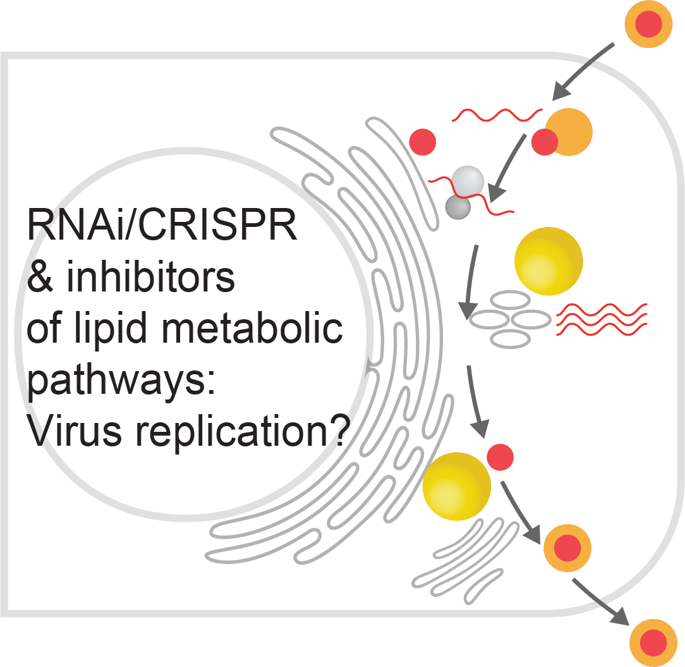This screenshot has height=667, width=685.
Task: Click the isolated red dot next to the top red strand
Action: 423,142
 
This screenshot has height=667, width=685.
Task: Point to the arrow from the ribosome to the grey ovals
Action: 470,281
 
